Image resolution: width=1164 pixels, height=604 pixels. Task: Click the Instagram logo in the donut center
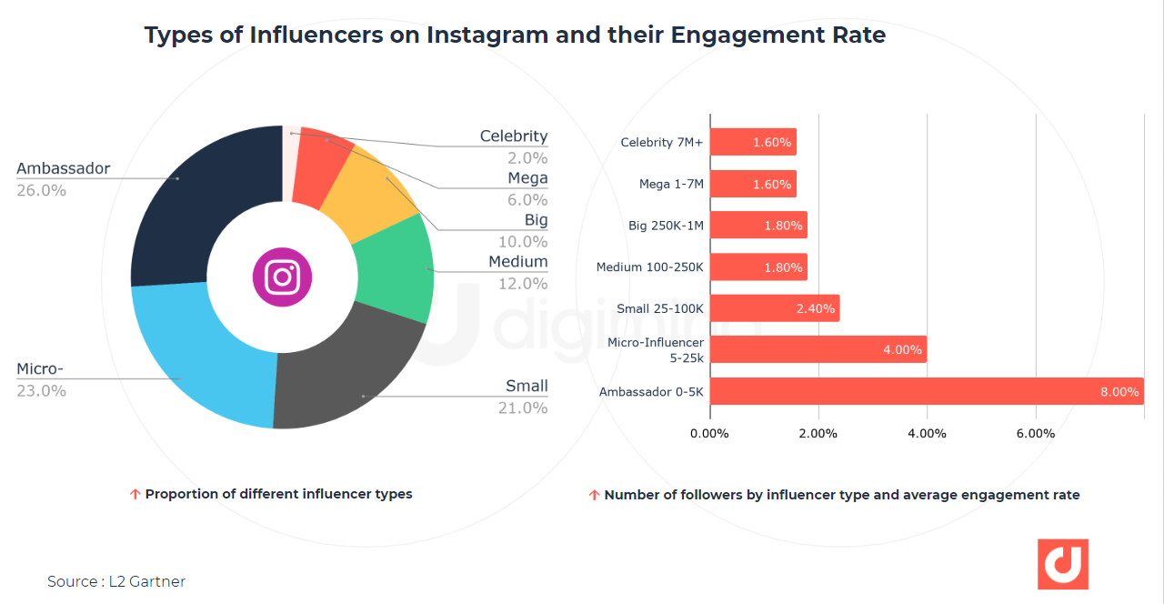[282, 277]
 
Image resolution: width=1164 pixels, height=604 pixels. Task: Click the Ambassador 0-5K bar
[926, 391]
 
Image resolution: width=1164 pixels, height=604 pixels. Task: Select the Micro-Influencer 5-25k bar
[818, 349]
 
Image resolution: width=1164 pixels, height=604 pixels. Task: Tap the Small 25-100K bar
[774, 308]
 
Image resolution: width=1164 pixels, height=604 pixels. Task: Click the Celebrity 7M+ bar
[752, 142]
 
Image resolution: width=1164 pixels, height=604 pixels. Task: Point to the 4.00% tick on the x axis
[927, 433]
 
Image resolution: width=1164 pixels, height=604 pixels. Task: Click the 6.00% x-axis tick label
[1035, 433]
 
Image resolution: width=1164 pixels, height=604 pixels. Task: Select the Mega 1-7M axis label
[671, 184]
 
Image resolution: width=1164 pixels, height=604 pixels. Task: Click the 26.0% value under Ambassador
[41, 190]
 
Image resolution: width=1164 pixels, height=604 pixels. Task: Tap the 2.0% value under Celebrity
[527, 157]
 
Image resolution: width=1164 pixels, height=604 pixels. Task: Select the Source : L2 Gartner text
[116, 581]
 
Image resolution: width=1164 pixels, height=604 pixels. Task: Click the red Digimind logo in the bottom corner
[1062, 564]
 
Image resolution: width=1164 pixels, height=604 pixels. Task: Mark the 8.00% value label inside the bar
[1119, 392]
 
